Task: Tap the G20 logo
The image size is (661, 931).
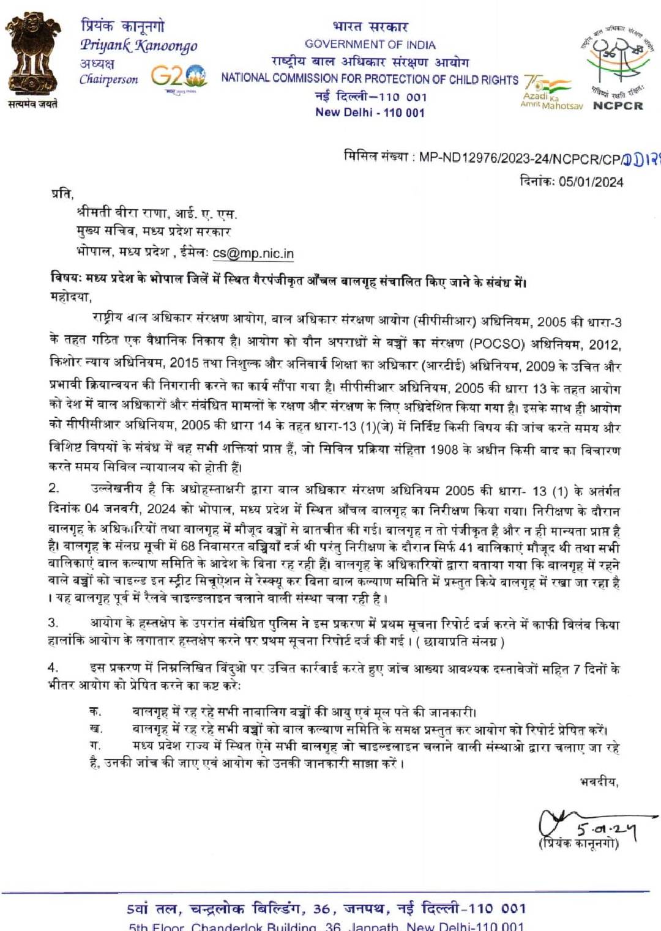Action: tap(179, 76)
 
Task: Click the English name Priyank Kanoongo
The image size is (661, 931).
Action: tap(138, 45)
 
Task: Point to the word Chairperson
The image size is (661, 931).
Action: tap(108, 80)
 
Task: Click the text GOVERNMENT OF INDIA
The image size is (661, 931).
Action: tap(370, 45)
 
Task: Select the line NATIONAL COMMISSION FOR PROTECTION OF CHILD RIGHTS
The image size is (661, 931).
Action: tap(369, 79)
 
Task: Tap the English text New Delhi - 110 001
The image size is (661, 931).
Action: tap(370, 113)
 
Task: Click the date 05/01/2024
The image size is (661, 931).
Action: tap(591, 182)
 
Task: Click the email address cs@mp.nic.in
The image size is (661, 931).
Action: tap(253, 253)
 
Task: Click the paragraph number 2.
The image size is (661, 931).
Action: tap(54, 488)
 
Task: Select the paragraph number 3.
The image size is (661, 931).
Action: tap(53, 623)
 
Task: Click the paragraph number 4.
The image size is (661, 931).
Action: tap(54, 667)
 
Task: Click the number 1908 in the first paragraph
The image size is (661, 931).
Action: tap(444, 450)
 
